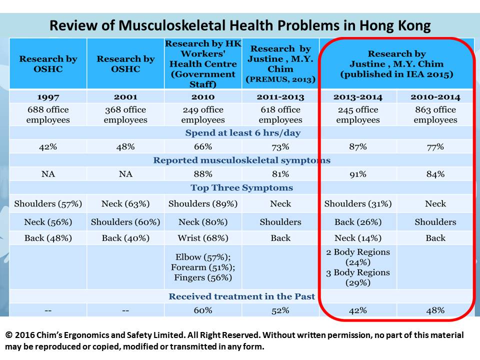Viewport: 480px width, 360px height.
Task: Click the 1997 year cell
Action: coord(48,96)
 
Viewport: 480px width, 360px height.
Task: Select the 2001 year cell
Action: coord(125,96)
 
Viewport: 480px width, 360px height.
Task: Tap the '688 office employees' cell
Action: coord(48,114)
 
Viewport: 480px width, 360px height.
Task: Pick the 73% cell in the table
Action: coord(280,146)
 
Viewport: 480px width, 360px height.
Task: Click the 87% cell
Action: coord(358,146)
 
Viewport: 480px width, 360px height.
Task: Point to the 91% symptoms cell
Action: coord(358,174)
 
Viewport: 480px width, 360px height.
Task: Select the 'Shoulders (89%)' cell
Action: coord(203,203)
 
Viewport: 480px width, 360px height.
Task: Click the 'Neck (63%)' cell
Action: coord(125,203)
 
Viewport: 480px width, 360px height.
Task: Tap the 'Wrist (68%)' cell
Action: coord(203,238)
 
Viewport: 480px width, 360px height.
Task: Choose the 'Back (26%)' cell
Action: coord(358,222)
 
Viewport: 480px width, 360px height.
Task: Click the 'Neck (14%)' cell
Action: coord(358,238)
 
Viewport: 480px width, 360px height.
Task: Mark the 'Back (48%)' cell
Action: coord(48,238)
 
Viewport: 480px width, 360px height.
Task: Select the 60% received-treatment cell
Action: coord(203,310)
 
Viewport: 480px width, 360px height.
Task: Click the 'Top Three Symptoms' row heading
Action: coord(242,188)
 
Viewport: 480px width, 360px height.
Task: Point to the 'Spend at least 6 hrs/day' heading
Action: coord(243,133)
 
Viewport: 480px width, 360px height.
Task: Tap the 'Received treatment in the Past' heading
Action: coord(242,296)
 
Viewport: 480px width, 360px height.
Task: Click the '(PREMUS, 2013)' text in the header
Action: coord(280,79)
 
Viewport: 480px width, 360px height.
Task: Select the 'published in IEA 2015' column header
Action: coord(397,74)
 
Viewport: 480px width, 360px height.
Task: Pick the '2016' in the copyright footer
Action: coord(26,335)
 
